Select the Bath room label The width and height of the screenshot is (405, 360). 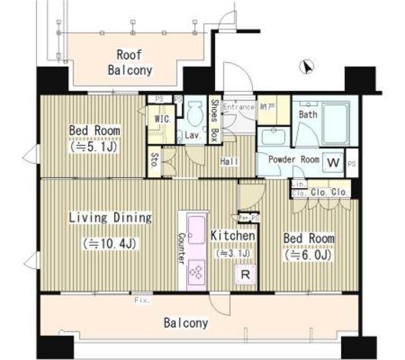click(x=308, y=115)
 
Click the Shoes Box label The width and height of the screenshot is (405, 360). click(x=215, y=120)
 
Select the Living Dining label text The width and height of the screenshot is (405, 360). click(x=110, y=218)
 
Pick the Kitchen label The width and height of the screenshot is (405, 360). click(x=233, y=236)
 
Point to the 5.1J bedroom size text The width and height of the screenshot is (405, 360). click(x=94, y=146)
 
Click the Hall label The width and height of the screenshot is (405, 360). click(x=229, y=163)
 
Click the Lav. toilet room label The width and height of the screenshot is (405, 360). click(x=192, y=135)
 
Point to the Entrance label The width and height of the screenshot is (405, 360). click(x=239, y=108)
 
